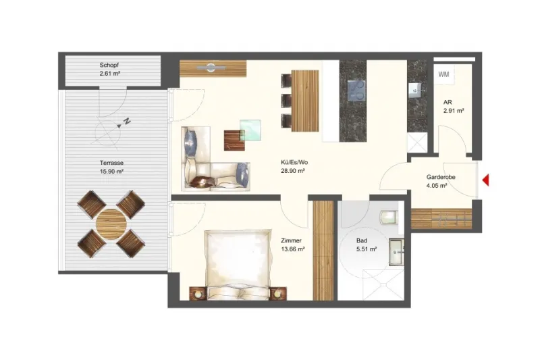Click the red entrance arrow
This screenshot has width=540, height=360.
click(485, 180)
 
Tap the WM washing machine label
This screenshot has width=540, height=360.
click(443, 74)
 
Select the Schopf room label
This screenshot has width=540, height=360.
click(109, 65)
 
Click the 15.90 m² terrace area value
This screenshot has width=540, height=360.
click(111, 171)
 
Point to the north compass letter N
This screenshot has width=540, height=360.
click(127, 122)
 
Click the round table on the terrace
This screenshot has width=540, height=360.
click(111, 224)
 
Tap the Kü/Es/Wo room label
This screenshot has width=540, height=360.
click(294, 162)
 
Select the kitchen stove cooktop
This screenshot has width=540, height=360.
click(356, 91)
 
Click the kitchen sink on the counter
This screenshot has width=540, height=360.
click(414, 90)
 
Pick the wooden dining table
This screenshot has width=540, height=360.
click(305, 101)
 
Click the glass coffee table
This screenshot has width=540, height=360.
click(250, 130)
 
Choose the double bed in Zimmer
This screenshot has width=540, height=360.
click(237, 265)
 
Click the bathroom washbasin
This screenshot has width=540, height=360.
click(397, 253)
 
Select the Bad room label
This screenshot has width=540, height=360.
click(362, 241)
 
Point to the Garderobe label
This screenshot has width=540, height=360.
click(441, 177)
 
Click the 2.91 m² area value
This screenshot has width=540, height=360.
click(454, 111)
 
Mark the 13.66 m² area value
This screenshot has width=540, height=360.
click(293, 249)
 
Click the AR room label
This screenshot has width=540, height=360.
click(448, 102)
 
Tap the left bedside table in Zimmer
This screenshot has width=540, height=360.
click(198, 294)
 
